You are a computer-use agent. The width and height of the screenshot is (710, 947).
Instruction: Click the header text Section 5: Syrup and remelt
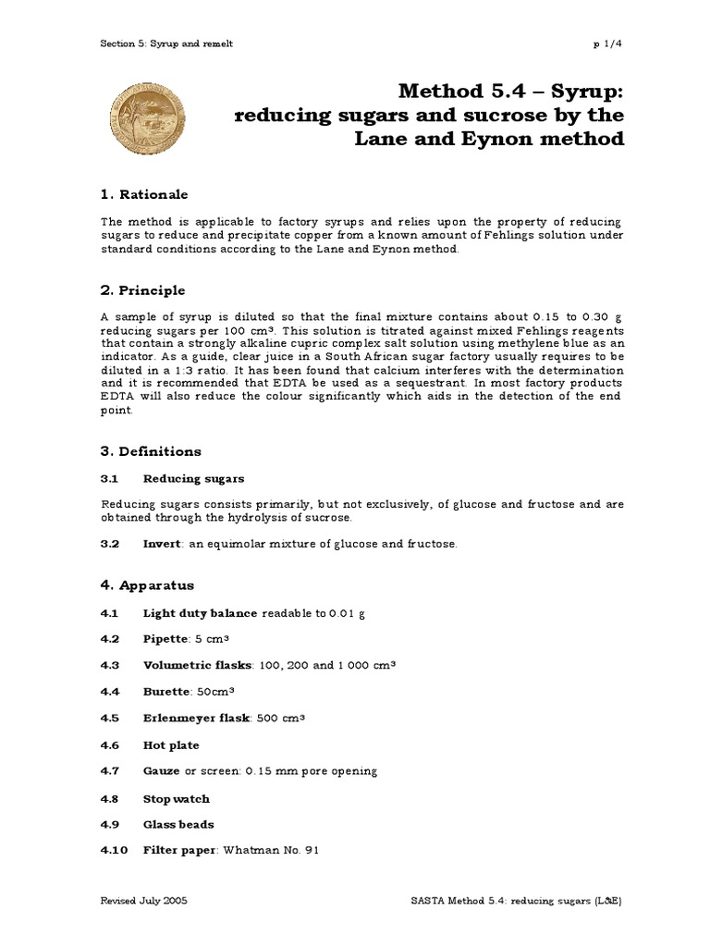coord(161,43)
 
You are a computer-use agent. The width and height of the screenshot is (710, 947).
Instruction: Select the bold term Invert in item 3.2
coord(162,544)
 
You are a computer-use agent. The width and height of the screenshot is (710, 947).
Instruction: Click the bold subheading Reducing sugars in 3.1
coord(193,478)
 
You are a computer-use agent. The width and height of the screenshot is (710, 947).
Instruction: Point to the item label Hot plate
coord(171,744)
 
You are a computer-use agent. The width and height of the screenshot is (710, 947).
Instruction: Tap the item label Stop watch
coord(176,798)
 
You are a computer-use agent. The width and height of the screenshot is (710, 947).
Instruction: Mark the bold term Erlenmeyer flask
coord(196,718)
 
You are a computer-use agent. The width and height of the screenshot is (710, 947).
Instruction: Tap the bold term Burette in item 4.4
coord(166,691)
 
